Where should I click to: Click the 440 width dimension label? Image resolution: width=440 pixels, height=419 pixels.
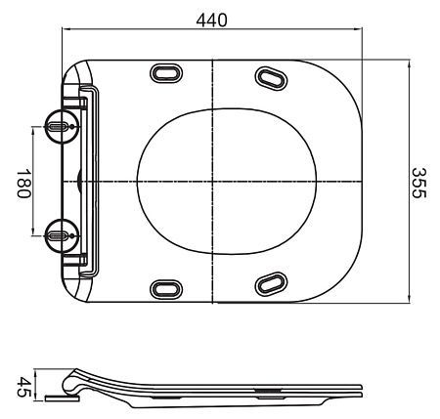coord(211,21)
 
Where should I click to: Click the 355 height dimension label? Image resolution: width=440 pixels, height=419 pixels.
coord(418,183)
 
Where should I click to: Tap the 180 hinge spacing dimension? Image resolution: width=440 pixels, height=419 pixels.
coord(23,183)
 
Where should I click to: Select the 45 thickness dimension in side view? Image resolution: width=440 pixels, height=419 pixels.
coord(23,387)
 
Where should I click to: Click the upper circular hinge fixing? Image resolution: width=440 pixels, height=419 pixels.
coord(62,126)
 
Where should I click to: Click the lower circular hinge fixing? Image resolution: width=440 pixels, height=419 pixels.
coord(62,235)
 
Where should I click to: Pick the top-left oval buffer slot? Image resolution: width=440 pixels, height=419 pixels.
coord(166,73)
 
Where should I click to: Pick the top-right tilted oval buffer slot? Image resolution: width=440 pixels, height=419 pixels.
coord(271,78)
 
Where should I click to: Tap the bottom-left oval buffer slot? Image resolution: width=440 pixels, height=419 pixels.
coord(166,289)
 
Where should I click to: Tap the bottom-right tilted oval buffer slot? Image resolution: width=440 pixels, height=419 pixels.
coord(271,284)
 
